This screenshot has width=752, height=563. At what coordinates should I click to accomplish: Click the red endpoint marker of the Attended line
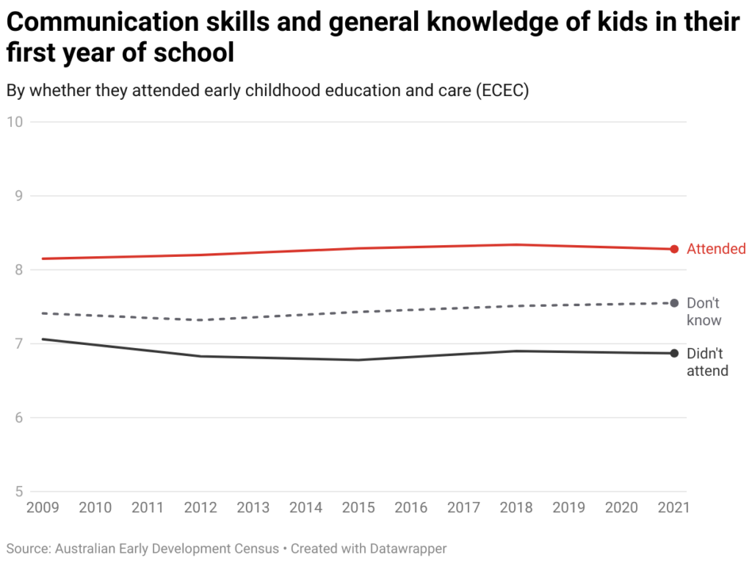click(x=674, y=249)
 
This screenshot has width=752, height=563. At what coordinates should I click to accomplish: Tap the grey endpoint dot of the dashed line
click(x=674, y=303)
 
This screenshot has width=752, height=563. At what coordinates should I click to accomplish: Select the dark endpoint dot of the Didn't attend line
click(x=674, y=353)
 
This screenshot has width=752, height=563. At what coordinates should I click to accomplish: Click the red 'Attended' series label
click(x=716, y=249)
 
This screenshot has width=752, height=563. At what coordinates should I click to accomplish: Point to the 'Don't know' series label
click(x=704, y=311)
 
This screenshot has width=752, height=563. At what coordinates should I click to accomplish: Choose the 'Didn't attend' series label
click(x=707, y=362)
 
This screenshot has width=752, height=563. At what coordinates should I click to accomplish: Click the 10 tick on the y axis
click(x=15, y=122)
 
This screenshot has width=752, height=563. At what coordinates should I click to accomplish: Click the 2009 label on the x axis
click(x=43, y=507)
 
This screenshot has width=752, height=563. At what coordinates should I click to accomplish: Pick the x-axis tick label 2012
click(x=200, y=507)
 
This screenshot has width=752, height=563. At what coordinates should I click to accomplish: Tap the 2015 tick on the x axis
click(x=358, y=507)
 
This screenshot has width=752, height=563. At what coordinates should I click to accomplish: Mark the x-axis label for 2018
click(x=516, y=507)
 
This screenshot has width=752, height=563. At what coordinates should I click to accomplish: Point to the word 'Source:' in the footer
click(x=27, y=548)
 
